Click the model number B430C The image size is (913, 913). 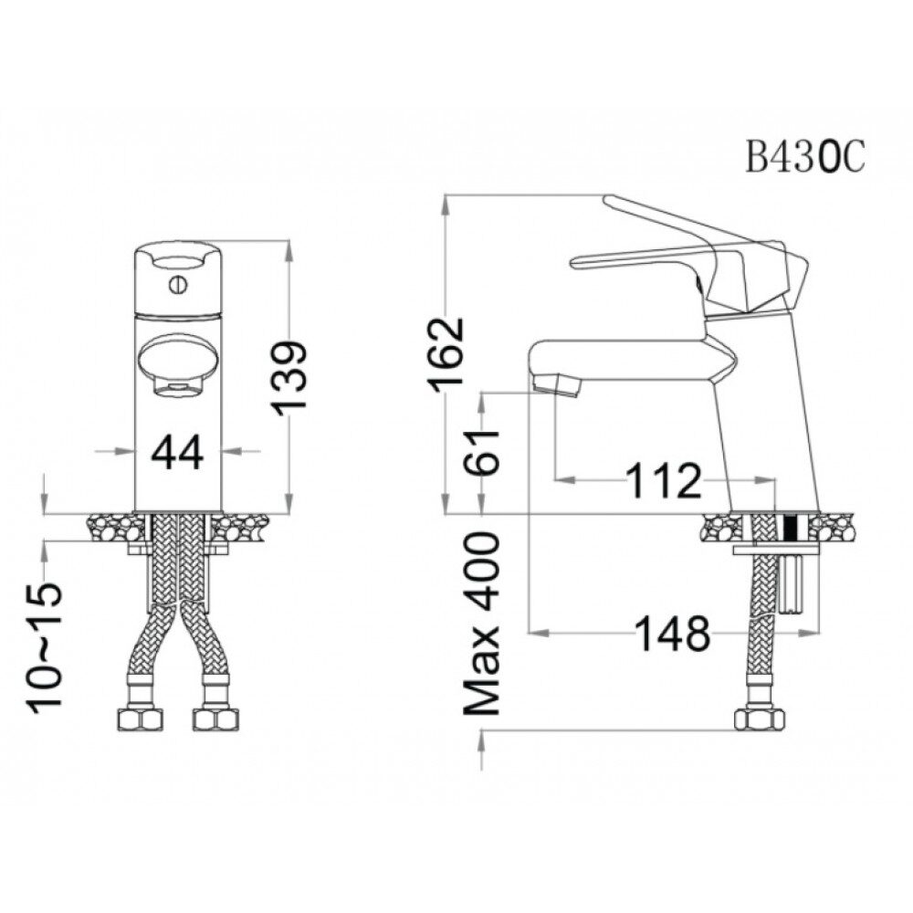tap(804, 157)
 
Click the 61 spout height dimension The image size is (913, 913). tap(482, 453)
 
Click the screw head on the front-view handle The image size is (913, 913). tap(177, 285)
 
